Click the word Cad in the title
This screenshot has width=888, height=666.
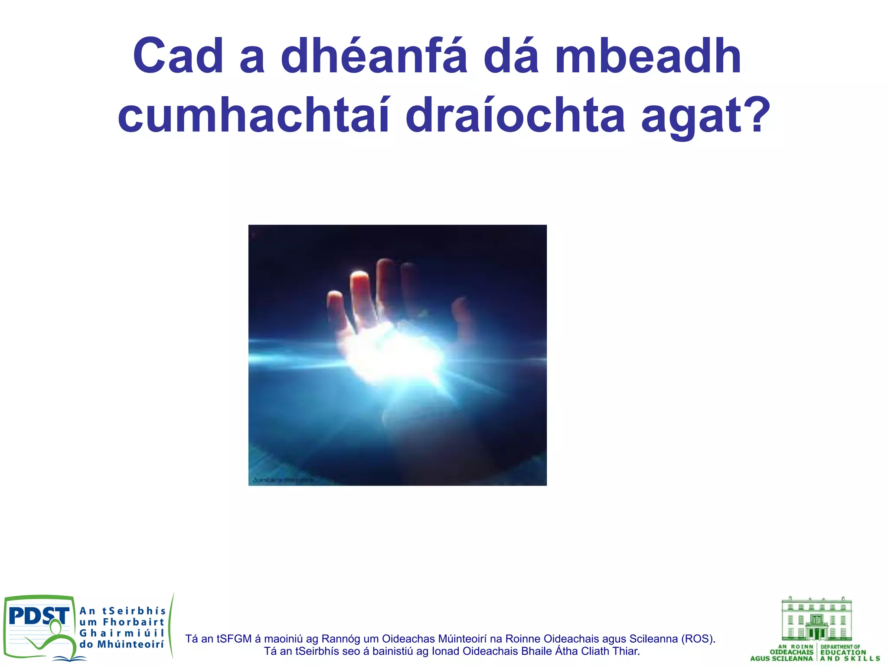[178, 56]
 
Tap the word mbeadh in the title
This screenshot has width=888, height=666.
[648, 56]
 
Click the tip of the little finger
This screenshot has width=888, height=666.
[334, 297]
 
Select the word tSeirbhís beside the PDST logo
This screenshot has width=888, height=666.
[134, 611]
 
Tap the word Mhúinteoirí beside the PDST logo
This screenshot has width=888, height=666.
[130, 644]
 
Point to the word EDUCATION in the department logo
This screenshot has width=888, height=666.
[843, 652]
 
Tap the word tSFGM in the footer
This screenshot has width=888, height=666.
[234, 639]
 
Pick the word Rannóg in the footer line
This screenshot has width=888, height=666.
[338, 639]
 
